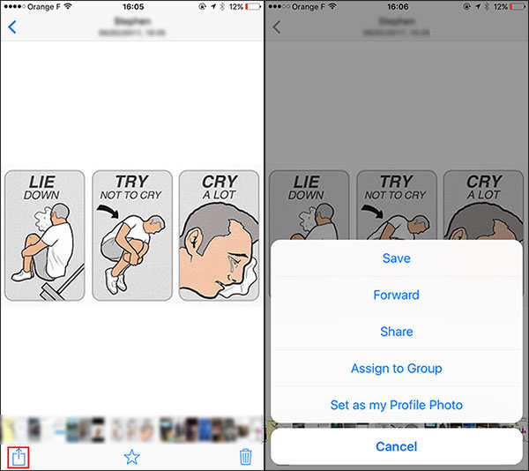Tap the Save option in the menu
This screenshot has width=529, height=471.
tap(396, 258)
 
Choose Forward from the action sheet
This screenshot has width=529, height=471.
tap(396, 295)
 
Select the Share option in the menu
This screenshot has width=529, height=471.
tap(396, 332)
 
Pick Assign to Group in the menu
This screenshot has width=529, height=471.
tap(396, 369)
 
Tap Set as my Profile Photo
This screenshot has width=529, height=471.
tap(396, 405)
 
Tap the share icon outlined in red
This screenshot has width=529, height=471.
tap(18, 457)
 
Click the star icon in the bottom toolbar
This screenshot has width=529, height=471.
tap(132, 457)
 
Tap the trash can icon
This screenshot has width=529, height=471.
tap(246, 457)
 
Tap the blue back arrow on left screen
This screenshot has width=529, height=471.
tap(12, 26)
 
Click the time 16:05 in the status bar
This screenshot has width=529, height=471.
tap(131, 6)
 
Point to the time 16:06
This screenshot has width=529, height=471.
tap(396, 6)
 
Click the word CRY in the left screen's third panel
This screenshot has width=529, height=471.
tap(219, 183)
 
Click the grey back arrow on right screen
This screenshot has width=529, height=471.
tap(277, 26)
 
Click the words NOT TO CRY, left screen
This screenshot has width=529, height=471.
tap(131, 196)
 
